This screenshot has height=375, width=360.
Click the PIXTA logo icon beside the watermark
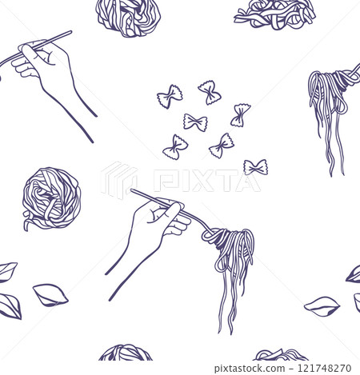pyautogui.click(x=120, y=180)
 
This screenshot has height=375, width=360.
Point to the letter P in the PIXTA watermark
pyautogui.click(x=166, y=181)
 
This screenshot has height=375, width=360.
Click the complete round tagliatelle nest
pyautogui.click(x=51, y=198)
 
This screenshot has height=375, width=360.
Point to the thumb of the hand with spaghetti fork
pyautogui.click(x=170, y=210)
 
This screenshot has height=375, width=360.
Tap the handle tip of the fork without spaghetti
pyautogui.click(x=70, y=33)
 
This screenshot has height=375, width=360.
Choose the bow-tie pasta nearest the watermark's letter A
pyautogui.click(x=256, y=167)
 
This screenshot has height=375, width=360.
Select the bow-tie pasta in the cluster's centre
pyautogui.click(x=195, y=122)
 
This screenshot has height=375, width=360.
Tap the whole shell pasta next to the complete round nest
pyautogui.click(x=50, y=295)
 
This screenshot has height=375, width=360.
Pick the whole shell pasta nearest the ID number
pyautogui.click(x=322, y=305)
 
